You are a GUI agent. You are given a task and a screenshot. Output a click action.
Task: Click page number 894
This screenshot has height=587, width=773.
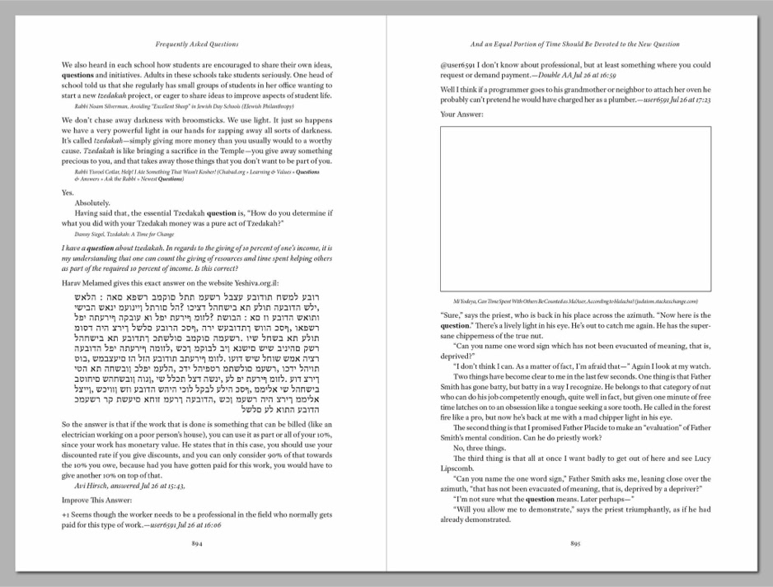click(x=197, y=543)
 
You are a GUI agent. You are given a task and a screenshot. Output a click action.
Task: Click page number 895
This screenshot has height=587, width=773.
click(x=575, y=543)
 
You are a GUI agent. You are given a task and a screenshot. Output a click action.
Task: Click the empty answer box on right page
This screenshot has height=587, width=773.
click(x=576, y=210)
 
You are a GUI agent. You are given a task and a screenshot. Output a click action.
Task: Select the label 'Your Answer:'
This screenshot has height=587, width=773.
click(x=461, y=114)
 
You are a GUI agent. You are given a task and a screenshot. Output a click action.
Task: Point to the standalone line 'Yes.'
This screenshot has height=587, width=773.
click(x=68, y=192)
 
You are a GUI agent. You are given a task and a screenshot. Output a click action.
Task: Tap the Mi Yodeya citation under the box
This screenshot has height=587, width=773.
click(x=574, y=301)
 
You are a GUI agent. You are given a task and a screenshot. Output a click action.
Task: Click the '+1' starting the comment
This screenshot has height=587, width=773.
click(x=66, y=514)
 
